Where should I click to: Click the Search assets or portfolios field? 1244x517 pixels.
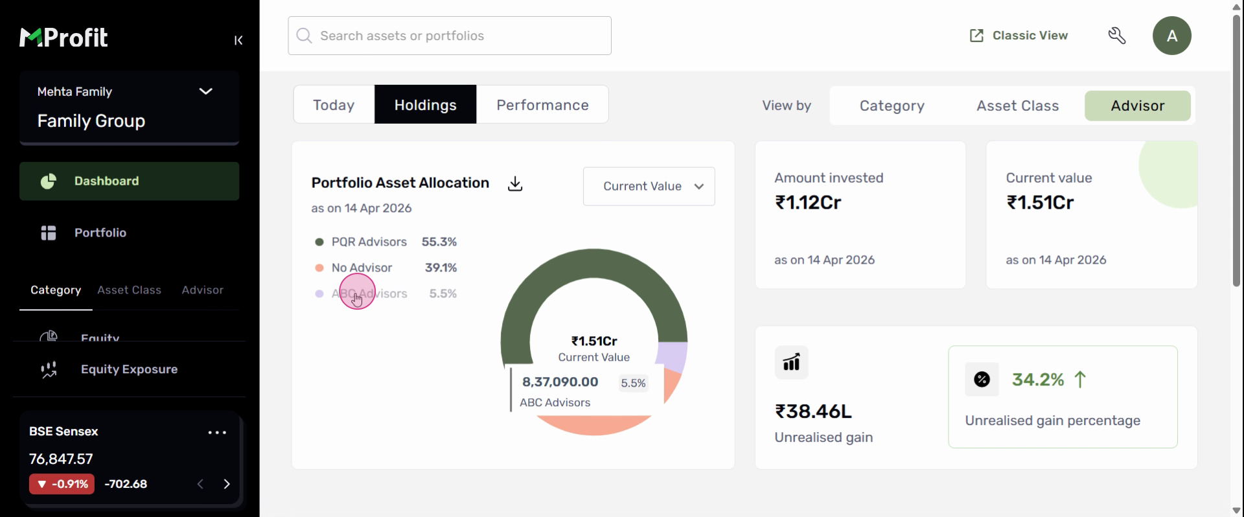coord(450,36)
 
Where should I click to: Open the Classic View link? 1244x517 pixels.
coord(1019,36)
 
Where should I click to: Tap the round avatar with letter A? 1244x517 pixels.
coord(1171,36)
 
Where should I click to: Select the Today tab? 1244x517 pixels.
coord(334,105)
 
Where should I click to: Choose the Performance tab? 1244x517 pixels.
coord(542,105)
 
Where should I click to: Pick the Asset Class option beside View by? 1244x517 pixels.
coord(1017,106)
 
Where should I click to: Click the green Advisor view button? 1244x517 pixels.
coord(1137,106)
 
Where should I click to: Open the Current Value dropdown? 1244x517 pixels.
coord(649,187)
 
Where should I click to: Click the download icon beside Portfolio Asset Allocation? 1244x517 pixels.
coord(515,184)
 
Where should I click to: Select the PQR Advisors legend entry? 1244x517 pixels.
coord(369,242)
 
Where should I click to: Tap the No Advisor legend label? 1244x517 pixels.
coord(362,268)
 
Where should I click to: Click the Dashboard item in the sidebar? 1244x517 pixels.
coord(129,181)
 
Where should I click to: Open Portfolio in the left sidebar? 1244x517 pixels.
coord(100,233)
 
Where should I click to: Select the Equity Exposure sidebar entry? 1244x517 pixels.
coord(129,369)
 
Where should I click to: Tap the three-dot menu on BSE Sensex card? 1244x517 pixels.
coord(217,433)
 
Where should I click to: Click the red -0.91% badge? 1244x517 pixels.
coord(62,484)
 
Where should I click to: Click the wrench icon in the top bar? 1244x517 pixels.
coord(1117,36)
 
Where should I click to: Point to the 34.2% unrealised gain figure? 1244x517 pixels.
coord(1038,380)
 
